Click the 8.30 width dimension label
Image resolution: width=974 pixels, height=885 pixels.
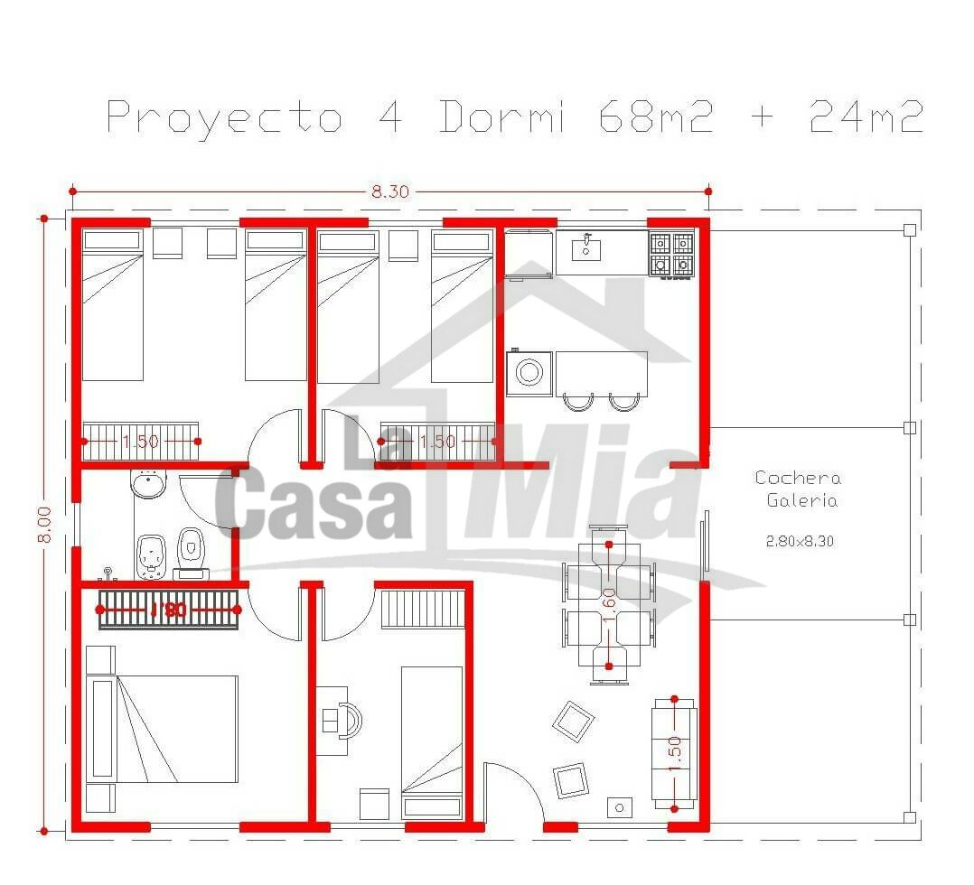(390, 191)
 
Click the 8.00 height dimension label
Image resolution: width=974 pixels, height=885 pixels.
(45, 525)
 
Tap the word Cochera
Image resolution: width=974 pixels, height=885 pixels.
(798, 478)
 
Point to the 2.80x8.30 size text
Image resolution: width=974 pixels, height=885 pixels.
(800, 541)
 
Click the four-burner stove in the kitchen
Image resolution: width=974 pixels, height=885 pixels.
(671, 254)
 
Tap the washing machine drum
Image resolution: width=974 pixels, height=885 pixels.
(529, 373)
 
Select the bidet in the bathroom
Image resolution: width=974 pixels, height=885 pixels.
(150, 556)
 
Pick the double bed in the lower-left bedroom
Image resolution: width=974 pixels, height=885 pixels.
(162, 729)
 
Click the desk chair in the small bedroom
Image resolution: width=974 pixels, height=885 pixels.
(351, 721)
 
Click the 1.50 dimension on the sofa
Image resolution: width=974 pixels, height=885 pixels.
(675, 753)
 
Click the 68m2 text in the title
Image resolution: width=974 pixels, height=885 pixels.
(657, 116)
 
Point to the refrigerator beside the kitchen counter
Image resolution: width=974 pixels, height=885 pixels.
(528, 255)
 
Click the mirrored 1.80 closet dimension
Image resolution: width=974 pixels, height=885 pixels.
(168, 610)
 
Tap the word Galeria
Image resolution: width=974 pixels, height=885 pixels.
(802, 500)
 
